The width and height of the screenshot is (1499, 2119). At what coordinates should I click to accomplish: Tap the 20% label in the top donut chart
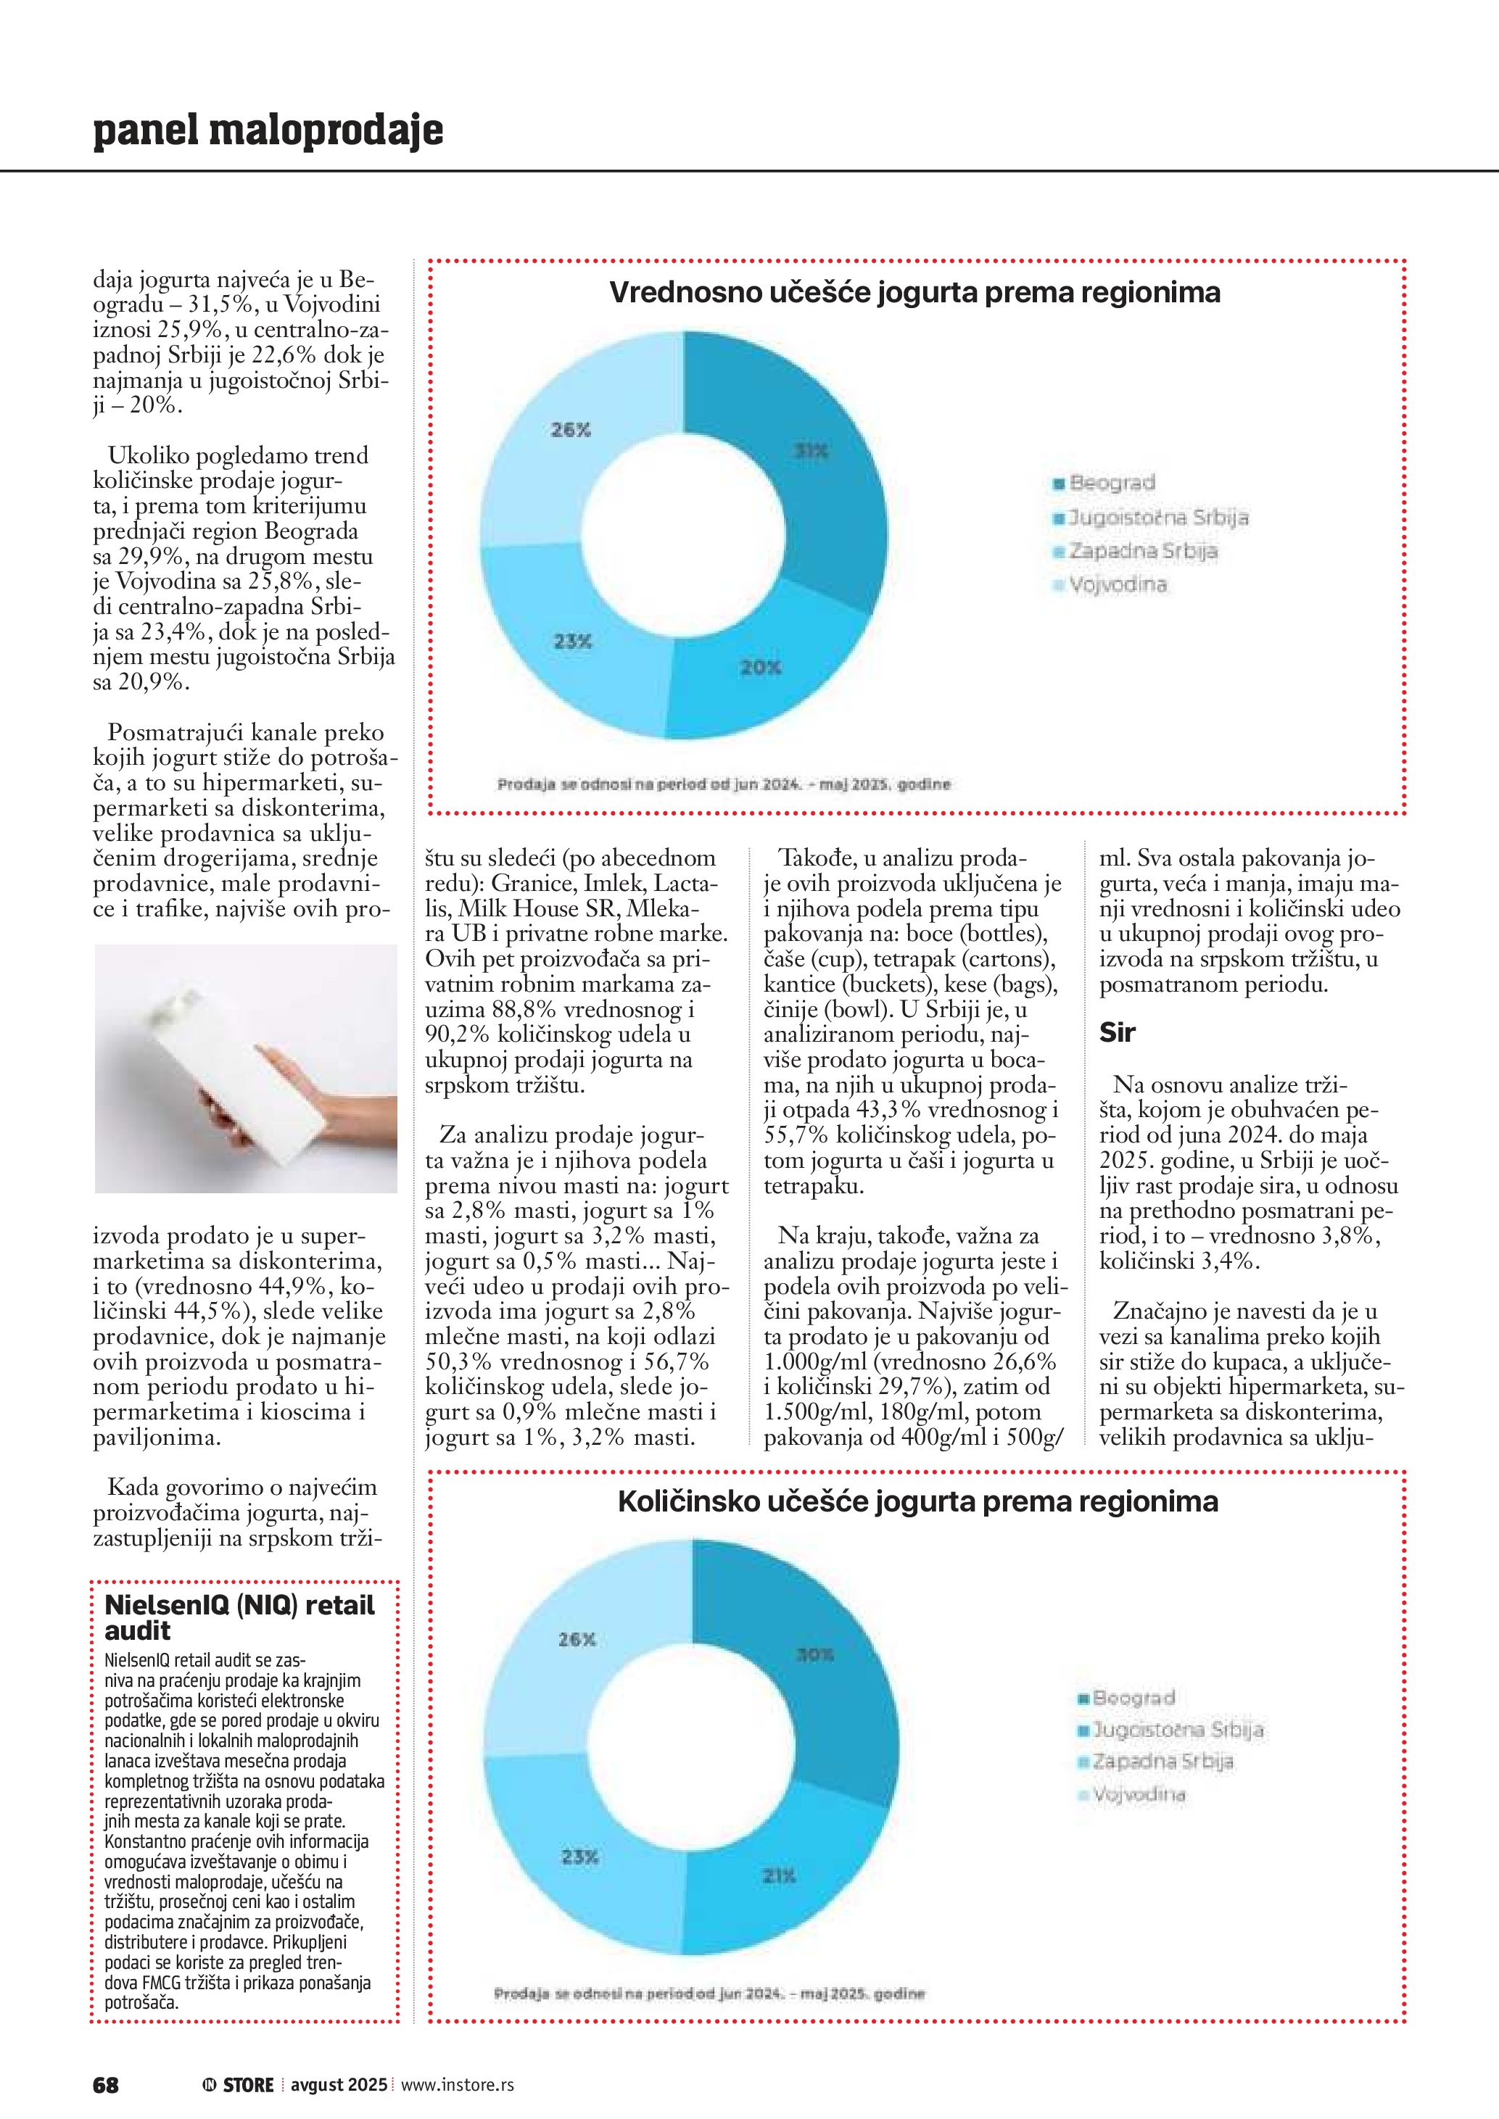(761, 666)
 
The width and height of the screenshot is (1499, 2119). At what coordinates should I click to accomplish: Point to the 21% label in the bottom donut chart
(779, 1875)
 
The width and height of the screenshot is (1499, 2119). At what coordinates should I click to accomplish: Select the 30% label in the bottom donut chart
(815, 1655)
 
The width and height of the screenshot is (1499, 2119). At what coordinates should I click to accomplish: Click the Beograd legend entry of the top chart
(1111, 483)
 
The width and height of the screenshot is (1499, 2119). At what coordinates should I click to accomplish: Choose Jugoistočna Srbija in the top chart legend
(1157, 517)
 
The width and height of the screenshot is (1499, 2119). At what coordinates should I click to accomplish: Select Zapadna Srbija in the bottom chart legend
(1162, 1761)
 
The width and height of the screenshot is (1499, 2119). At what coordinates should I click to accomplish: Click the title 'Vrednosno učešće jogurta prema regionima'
(914, 293)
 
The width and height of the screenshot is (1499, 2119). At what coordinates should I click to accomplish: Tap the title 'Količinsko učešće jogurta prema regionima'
(917, 1501)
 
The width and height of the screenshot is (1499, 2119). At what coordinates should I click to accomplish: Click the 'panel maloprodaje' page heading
(268, 130)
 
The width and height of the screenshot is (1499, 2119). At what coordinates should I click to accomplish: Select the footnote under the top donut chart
(723, 784)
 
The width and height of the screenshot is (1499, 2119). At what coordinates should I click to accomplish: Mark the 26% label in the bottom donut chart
(577, 1639)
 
